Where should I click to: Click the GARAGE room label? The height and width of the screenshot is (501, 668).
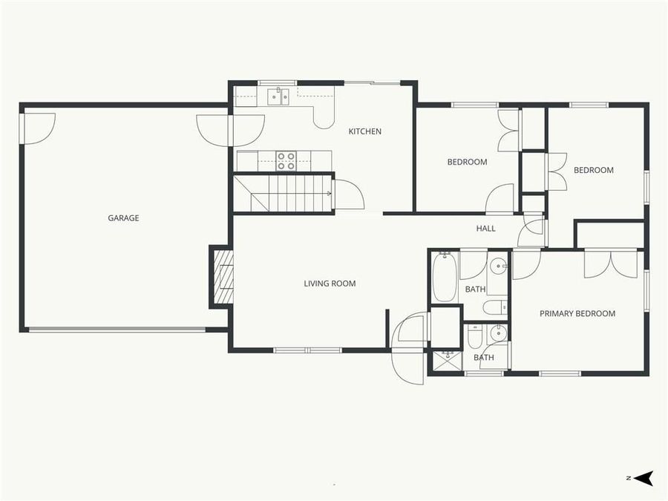(x=123, y=218)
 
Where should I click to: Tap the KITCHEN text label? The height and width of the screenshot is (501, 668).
(x=365, y=131)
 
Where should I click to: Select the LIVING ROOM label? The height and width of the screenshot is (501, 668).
(x=330, y=283)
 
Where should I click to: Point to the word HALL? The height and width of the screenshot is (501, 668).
(x=486, y=229)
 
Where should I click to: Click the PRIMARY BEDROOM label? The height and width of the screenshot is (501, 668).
(x=577, y=313)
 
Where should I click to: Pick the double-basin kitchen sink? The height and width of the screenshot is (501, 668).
(x=278, y=96)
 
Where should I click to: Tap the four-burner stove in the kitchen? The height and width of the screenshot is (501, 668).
(x=286, y=161)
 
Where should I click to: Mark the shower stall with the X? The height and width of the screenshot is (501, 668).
(x=447, y=360)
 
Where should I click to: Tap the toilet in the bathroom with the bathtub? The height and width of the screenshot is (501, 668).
(x=494, y=307)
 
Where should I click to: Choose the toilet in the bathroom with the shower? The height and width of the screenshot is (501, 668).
(x=475, y=338)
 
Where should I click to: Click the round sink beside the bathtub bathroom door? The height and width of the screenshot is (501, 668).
(x=498, y=265)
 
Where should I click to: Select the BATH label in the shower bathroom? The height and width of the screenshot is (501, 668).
(x=484, y=358)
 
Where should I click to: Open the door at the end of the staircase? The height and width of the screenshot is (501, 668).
(x=347, y=196)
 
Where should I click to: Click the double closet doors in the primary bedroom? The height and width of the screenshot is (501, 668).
(x=610, y=264)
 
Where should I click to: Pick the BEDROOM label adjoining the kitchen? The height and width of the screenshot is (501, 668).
(x=467, y=162)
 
